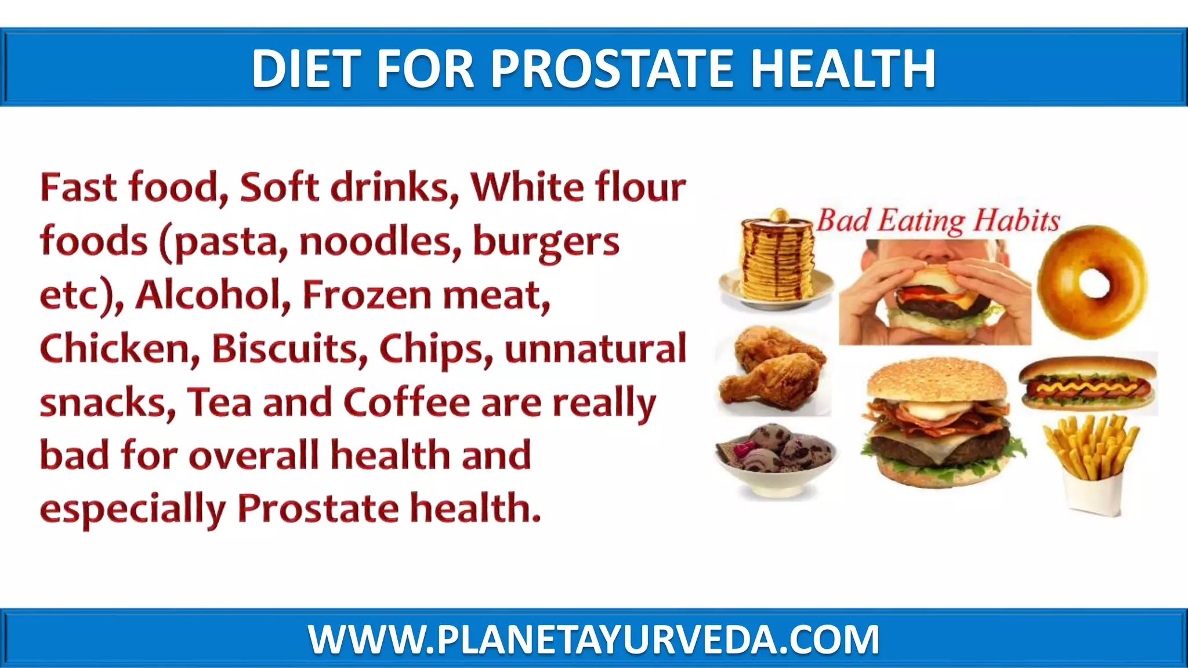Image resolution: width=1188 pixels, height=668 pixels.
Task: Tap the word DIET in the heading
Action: click(x=305, y=68)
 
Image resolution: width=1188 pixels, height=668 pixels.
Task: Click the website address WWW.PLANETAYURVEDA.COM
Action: click(x=593, y=639)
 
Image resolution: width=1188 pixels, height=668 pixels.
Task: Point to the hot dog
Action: click(x=1088, y=383)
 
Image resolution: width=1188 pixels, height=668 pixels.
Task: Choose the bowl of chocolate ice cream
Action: click(x=776, y=458)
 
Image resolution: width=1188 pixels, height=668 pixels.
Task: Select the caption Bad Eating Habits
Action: click(x=938, y=221)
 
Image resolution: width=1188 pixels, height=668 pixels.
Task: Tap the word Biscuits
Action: click(x=289, y=348)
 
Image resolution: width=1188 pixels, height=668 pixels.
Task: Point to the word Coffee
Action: click(x=406, y=402)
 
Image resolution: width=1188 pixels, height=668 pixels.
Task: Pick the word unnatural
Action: click(x=595, y=348)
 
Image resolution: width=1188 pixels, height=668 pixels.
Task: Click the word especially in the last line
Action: click(x=132, y=509)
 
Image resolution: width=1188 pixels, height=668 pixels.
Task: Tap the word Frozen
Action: click(x=367, y=295)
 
